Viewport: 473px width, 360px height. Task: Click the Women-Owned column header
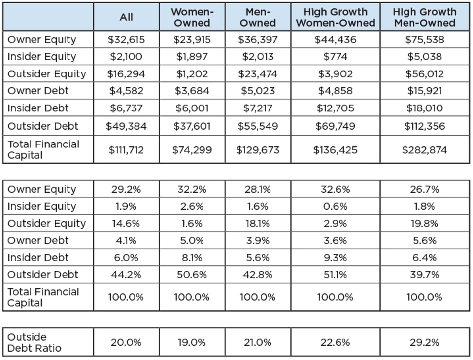point(192,17)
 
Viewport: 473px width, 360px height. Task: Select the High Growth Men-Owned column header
point(424,17)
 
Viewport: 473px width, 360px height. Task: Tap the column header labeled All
point(126,17)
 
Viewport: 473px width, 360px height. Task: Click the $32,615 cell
point(126,40)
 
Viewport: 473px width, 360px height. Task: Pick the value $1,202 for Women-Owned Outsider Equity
point(192,74)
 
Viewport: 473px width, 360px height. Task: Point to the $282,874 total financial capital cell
point(424,150)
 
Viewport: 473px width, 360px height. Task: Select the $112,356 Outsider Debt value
point(424,126)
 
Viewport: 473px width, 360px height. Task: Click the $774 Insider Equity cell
point(335,57)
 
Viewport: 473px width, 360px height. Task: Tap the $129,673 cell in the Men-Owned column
point(258,150)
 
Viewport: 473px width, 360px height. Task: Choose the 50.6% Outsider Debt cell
point(192,275)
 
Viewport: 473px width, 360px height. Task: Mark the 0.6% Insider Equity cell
point(335,207)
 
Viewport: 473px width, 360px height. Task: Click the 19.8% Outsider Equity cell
point(424,223)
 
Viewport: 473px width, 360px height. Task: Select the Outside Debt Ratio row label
point(34,342)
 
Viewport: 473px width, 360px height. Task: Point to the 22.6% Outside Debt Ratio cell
point(335,342)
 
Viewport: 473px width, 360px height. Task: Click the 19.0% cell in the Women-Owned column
point(192,342)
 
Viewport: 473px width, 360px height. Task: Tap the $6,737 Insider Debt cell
point(126,108)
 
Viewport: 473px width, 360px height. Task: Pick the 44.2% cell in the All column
point(126,275)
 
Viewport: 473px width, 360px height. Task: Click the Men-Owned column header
point(258,17)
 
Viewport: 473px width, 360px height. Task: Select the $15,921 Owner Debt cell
point(424,91)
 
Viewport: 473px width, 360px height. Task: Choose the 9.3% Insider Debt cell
point(335,257)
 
